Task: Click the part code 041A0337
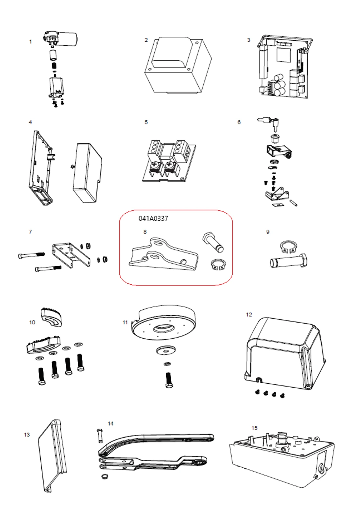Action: [153, 219]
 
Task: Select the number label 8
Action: [145, 232]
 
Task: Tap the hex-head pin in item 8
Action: [214, 242]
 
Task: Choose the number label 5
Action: [146, 122]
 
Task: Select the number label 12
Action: [249, 314]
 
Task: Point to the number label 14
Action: [111, 424]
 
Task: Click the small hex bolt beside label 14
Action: [100, 436]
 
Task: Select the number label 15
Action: [254, 428]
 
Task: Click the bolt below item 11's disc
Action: [169, 380]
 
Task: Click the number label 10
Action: [32, 322]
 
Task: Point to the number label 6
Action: [239, 122]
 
